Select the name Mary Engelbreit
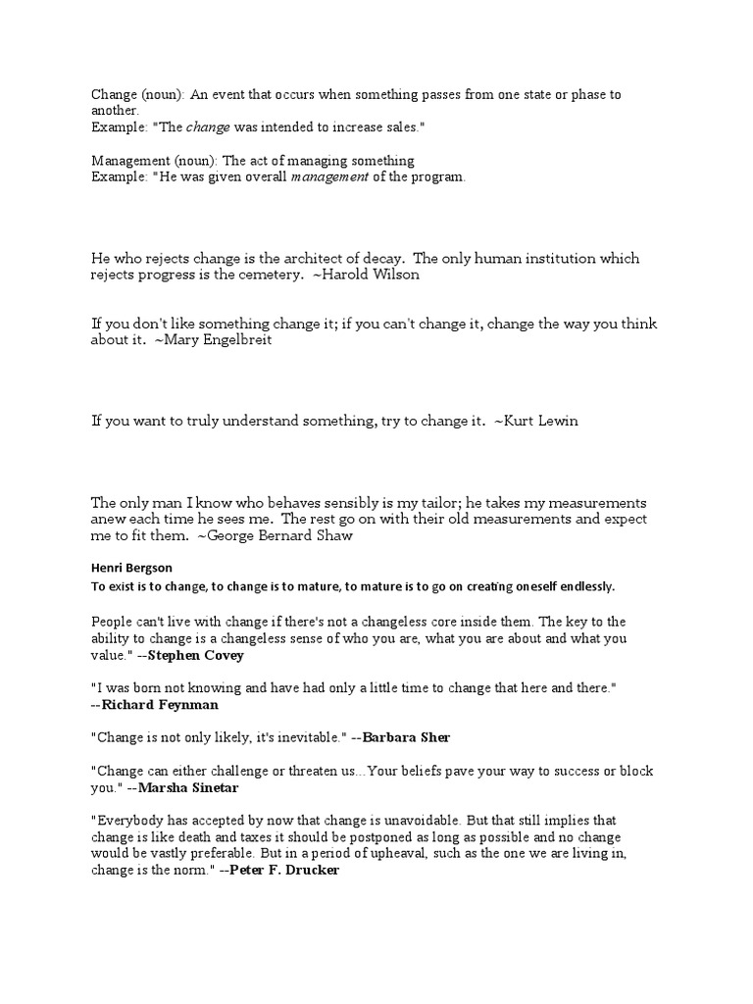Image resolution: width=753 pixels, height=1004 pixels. click(x=222, y=339)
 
